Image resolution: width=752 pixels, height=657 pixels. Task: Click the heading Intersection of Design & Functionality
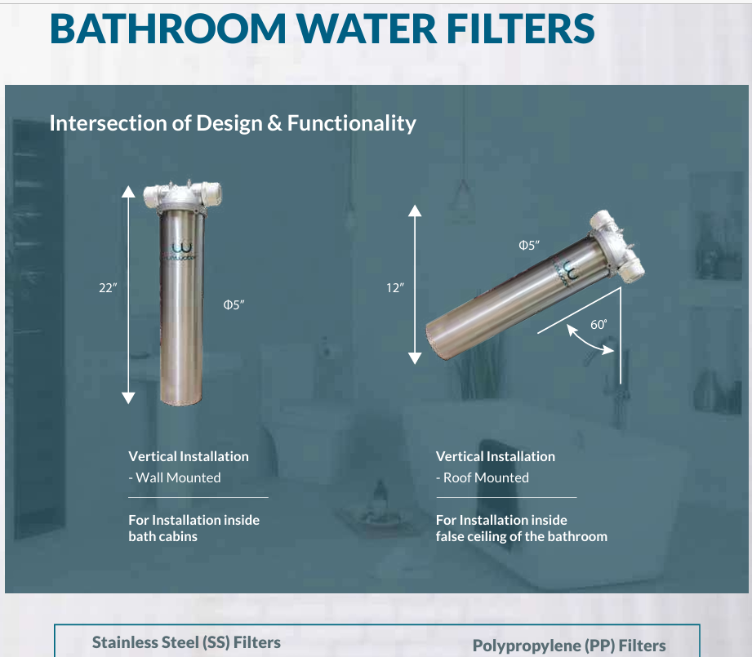pos(233,123)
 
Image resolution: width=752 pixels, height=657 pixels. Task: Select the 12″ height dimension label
pos(395,288)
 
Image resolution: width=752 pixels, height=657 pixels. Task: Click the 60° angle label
pos(599,325)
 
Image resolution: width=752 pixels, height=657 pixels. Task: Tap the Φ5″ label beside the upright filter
pos(234,304)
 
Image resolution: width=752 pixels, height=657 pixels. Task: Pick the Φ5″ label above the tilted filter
pos(530,245)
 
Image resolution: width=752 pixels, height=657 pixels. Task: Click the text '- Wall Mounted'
pos(175,477)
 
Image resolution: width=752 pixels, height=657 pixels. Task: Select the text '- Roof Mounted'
pos(483,477)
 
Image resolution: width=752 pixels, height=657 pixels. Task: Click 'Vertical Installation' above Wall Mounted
pos(189,456)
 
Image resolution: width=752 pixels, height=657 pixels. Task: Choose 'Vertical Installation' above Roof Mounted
pos(496,456)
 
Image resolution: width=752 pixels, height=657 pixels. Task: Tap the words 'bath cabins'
pos(163,536)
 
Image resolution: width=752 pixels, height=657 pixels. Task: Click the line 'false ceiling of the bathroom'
pos(522,536)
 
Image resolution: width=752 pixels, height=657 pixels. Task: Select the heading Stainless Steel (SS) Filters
pos(186,642)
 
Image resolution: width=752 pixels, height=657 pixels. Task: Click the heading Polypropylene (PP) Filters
pos(569,646)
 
